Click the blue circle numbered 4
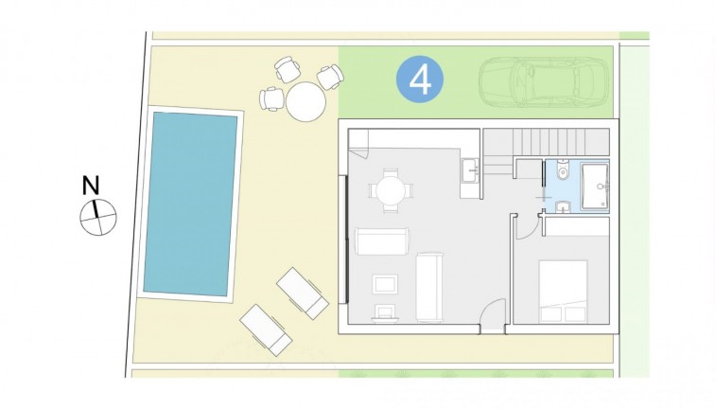420,80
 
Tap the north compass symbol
97,217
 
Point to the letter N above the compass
91,185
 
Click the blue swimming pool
189,202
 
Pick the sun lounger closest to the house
302,292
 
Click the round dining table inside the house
390,190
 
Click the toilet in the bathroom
562,172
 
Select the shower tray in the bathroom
595,183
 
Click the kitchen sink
470,171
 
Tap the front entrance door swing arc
492,313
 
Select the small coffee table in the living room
386,284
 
